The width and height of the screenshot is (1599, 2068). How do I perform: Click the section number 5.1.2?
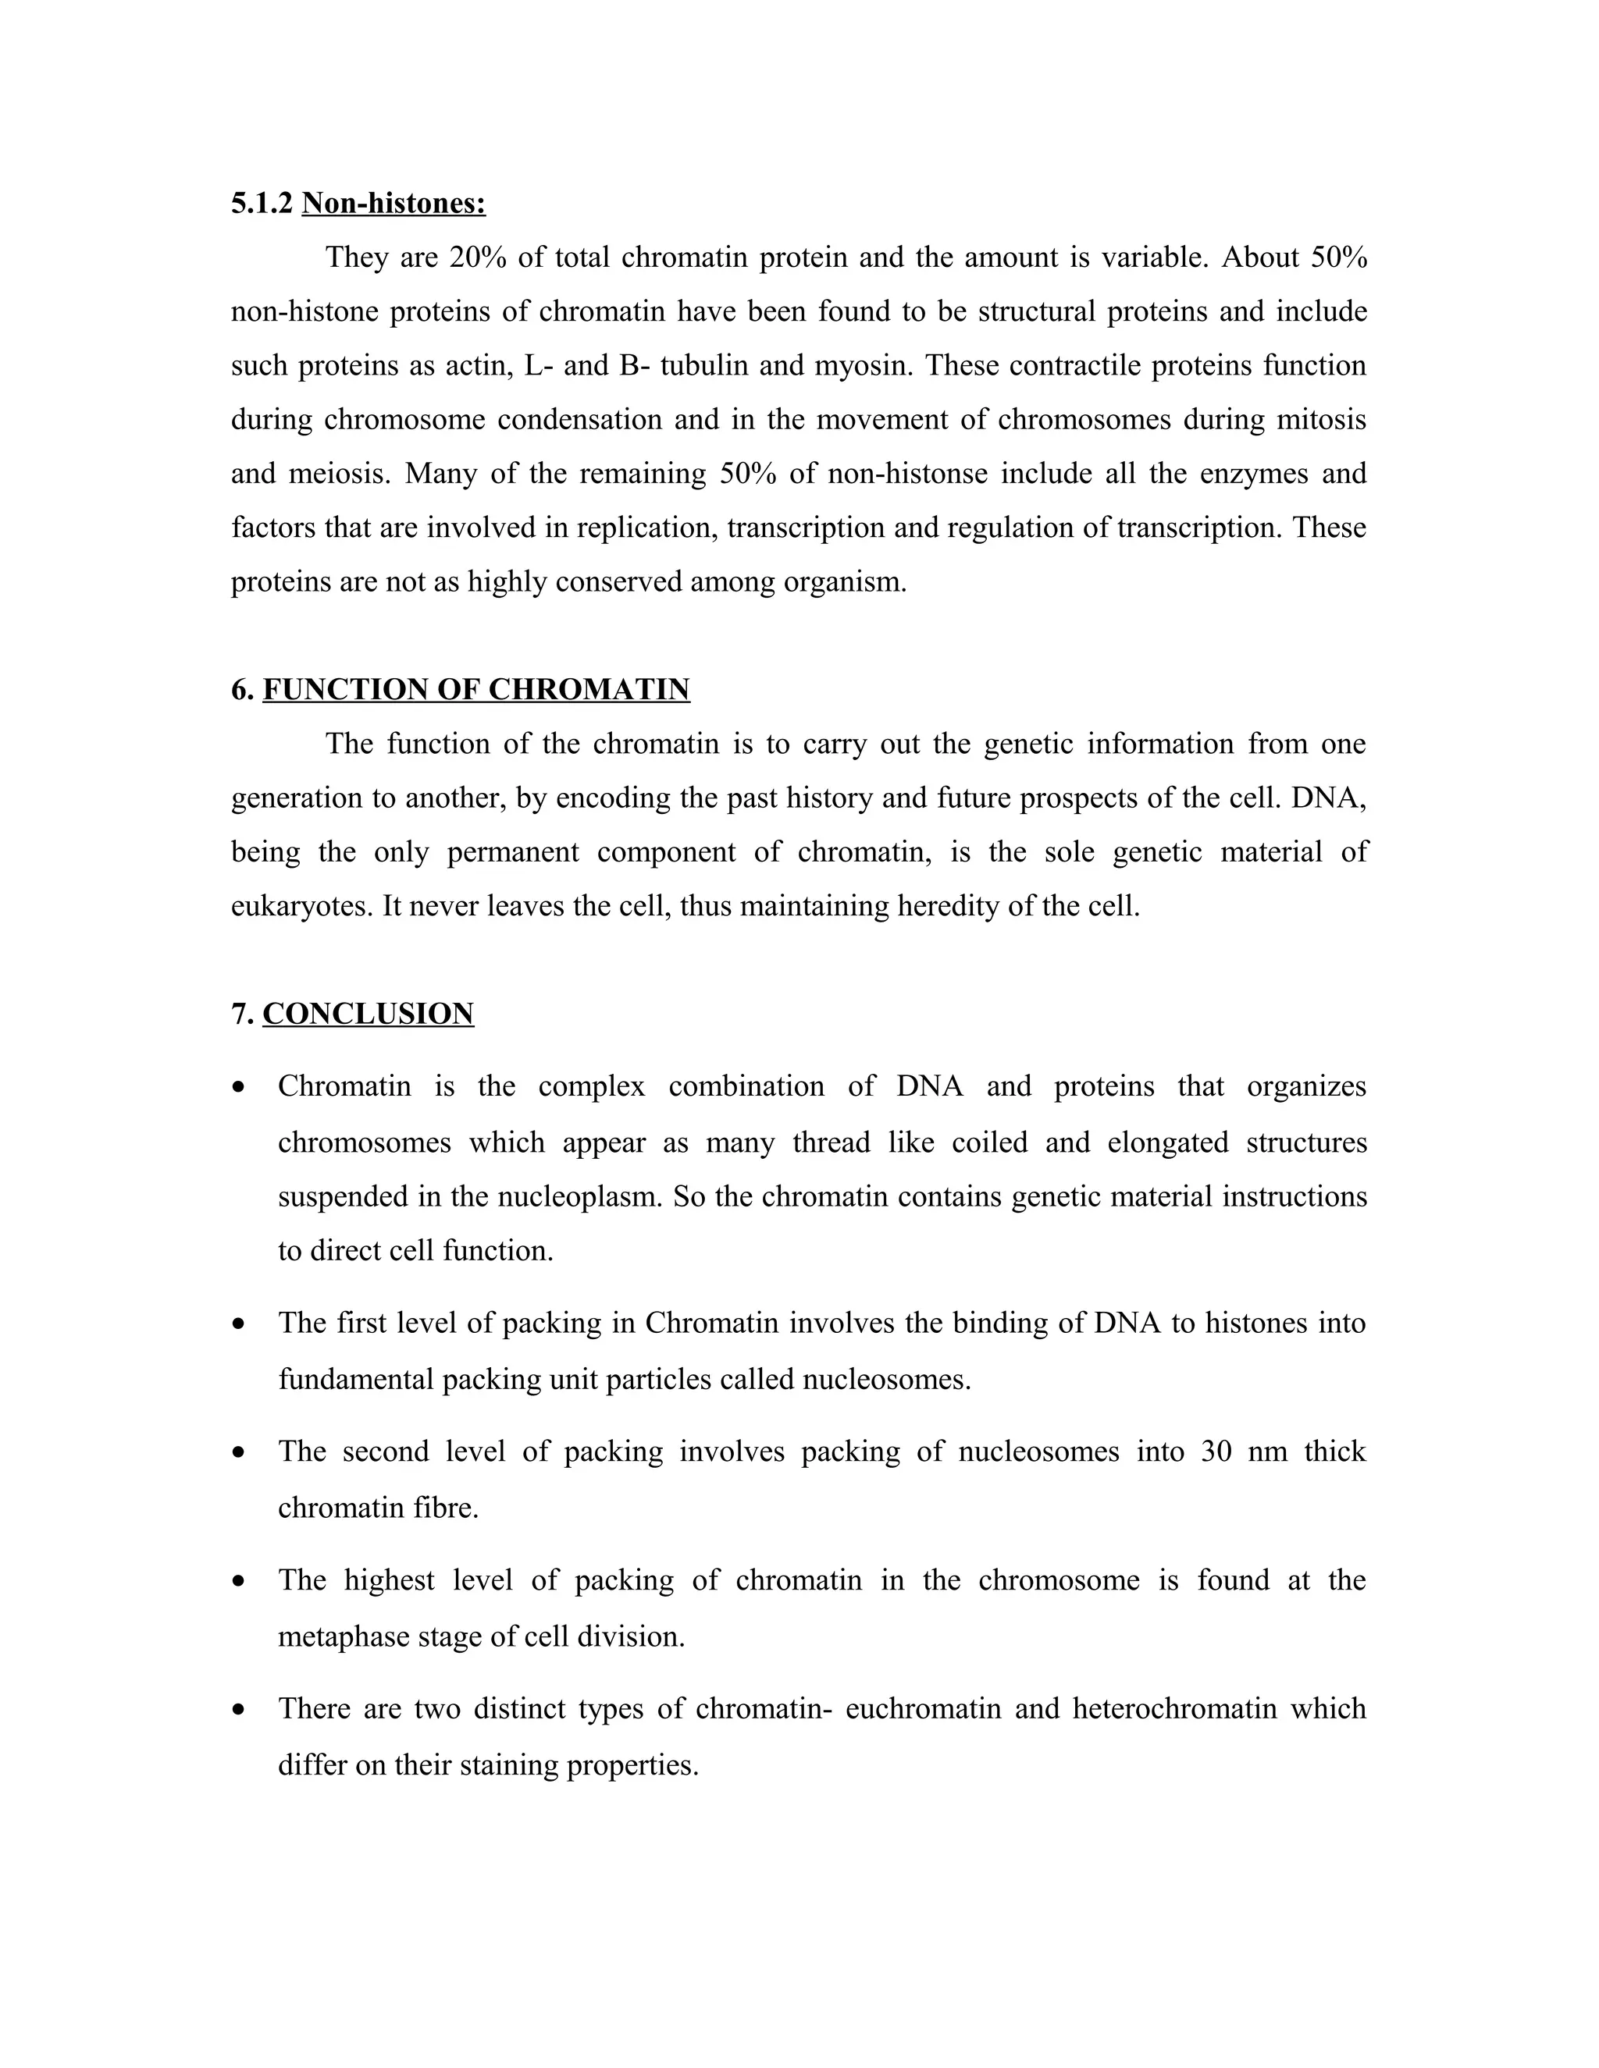click(262, 203)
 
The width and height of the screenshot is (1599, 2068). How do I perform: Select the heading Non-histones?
click(394, 203)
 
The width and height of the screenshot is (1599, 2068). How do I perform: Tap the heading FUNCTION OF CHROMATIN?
click(475, 689)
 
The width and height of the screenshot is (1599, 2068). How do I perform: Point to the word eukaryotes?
click(301, 906)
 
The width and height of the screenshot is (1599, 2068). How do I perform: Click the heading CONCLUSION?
click(368, 1014)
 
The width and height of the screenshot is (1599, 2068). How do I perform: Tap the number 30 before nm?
click(1216, 1452)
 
